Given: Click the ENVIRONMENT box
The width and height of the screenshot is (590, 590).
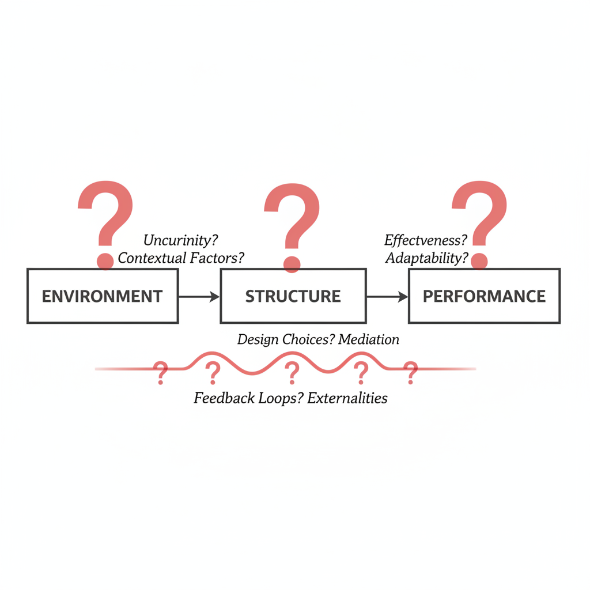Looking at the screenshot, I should coord(103,296).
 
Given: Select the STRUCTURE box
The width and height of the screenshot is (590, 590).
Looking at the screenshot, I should coord(293,296).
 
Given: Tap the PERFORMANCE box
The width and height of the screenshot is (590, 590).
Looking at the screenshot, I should coord(484,296).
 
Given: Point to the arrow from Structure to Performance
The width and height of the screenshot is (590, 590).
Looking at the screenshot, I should coord(387,297).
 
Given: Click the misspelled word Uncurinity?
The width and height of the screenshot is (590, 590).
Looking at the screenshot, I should coord(181,240).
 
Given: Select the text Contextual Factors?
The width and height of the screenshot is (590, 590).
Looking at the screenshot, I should coord(181,258).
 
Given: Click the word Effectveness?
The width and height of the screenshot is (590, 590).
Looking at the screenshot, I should coord(425,240).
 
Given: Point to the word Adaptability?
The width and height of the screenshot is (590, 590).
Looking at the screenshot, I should coord(427,258).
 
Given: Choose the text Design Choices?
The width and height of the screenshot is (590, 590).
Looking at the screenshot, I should coord(285,339).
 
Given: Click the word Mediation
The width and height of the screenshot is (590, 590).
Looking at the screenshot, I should coord(369,339).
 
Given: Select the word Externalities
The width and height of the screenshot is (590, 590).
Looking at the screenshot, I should coord(347,398).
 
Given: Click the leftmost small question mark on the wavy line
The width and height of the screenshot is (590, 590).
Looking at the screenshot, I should coord(161,373).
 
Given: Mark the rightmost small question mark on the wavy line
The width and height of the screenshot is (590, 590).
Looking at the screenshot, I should coord(410,373).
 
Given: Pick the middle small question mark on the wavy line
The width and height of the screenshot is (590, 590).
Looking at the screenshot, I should coord(292,373).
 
